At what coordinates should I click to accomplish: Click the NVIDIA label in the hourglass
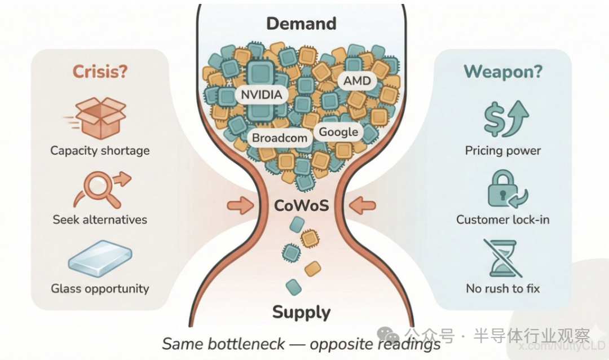261,94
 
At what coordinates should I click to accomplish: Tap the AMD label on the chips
358,81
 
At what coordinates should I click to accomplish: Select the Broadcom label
280,138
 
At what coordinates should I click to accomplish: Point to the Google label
338,132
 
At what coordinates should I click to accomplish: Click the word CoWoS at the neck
301,204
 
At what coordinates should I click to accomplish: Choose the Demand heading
301,24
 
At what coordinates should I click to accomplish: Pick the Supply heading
302,312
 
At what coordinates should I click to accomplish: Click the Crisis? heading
100,72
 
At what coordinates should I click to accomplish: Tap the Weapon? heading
502,72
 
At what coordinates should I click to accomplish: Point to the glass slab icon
100,258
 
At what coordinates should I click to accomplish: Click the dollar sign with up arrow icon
504,119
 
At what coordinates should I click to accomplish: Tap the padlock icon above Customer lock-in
502,190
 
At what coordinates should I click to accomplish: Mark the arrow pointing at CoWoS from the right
361,205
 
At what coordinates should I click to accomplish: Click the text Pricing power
502,151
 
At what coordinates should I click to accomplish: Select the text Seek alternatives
100,219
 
